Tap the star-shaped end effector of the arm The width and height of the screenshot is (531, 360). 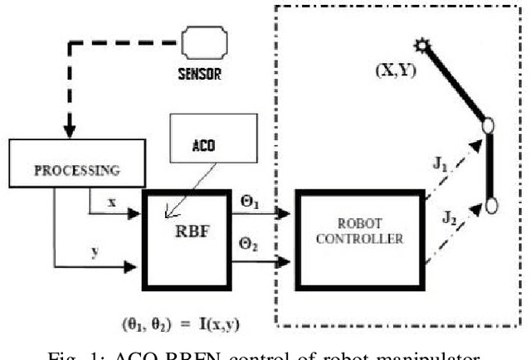tap(422, 47)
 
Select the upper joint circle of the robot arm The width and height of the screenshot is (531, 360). tap(489, 127)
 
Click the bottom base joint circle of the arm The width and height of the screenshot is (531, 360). tap(492, 205)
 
